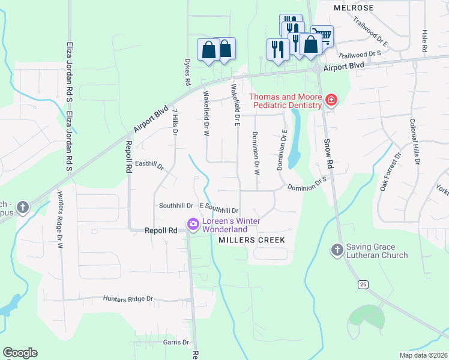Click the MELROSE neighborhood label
[x=354, y=8]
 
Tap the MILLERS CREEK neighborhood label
[x=250, y=240]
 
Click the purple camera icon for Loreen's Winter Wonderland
[x=193, y=225]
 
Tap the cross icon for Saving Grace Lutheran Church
[x=337, y=249]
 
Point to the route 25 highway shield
[x=361, y=283]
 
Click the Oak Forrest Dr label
[x=390, y=172]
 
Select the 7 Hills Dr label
[x=175, y=122]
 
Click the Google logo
[x=20, y=353]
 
